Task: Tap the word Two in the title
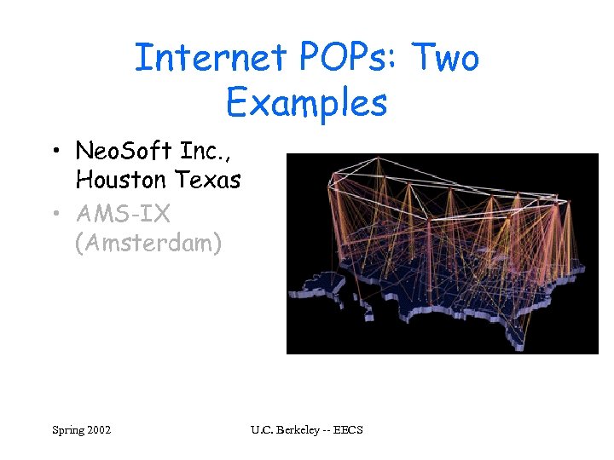pyautogui.click(x=446, y=58)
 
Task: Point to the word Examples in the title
pyautogui.click(x=307, y=103)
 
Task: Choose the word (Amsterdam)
pyautogui.click(x=148, y=244)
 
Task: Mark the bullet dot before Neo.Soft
pyautogui.click(x=55, y=152)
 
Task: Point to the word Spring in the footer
pyautogui.click(x=67, y=430)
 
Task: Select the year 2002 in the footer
pyautogui.click(x=98, y=430)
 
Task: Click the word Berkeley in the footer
pyautogui.click(x=301, y=430)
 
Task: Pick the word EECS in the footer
pyautogui.click(x=350, y=430)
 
